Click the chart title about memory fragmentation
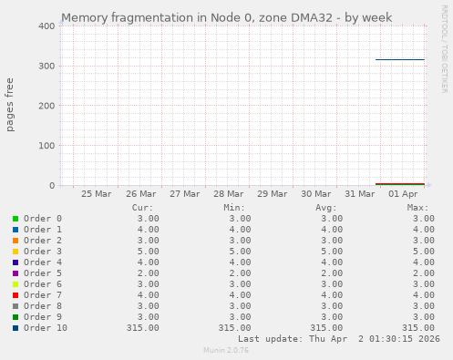[x=226, y=17]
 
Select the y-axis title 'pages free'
[x=10, y=106]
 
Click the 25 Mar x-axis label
[x=97, y=194]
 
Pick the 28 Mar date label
[x=229, y=194]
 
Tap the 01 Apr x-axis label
[x=403, y=194]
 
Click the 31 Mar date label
[x=360, y=194]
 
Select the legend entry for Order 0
[x=43, y=219]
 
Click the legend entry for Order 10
[x=46, y=328]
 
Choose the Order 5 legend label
[x=43, y=273]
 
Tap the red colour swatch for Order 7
[x=15, y=295]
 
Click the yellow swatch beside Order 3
[x=15, y=252]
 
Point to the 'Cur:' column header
[x=142, y=208]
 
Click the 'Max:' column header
[x=418, y=208]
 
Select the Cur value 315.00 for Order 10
[x=143, y=328]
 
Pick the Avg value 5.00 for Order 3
[x=331, y=252]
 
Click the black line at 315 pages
[x=400, y=59]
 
